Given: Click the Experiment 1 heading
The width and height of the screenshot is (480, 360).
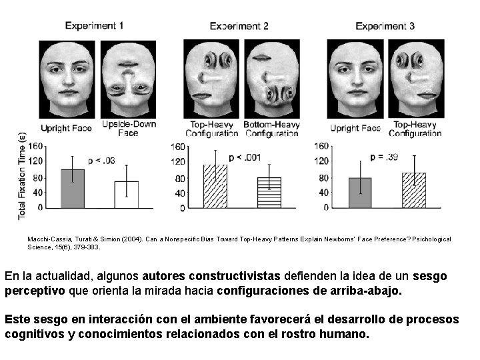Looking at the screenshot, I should point(94,26).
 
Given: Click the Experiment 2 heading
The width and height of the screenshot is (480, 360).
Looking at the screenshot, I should point(239,27).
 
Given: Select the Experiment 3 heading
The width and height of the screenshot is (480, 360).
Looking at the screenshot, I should point(385,27).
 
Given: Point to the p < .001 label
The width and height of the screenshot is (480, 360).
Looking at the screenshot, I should point(245,157).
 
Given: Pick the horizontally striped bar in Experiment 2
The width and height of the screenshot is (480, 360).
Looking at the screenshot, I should point(269,193).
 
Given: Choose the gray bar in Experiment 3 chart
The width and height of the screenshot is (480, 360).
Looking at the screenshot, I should point(360,193).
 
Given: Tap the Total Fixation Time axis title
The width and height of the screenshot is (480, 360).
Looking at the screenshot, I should point(22,176).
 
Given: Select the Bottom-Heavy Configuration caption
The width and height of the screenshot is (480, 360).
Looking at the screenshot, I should point(271,129).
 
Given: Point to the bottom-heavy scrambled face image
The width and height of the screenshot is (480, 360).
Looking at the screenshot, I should point(271,79).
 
